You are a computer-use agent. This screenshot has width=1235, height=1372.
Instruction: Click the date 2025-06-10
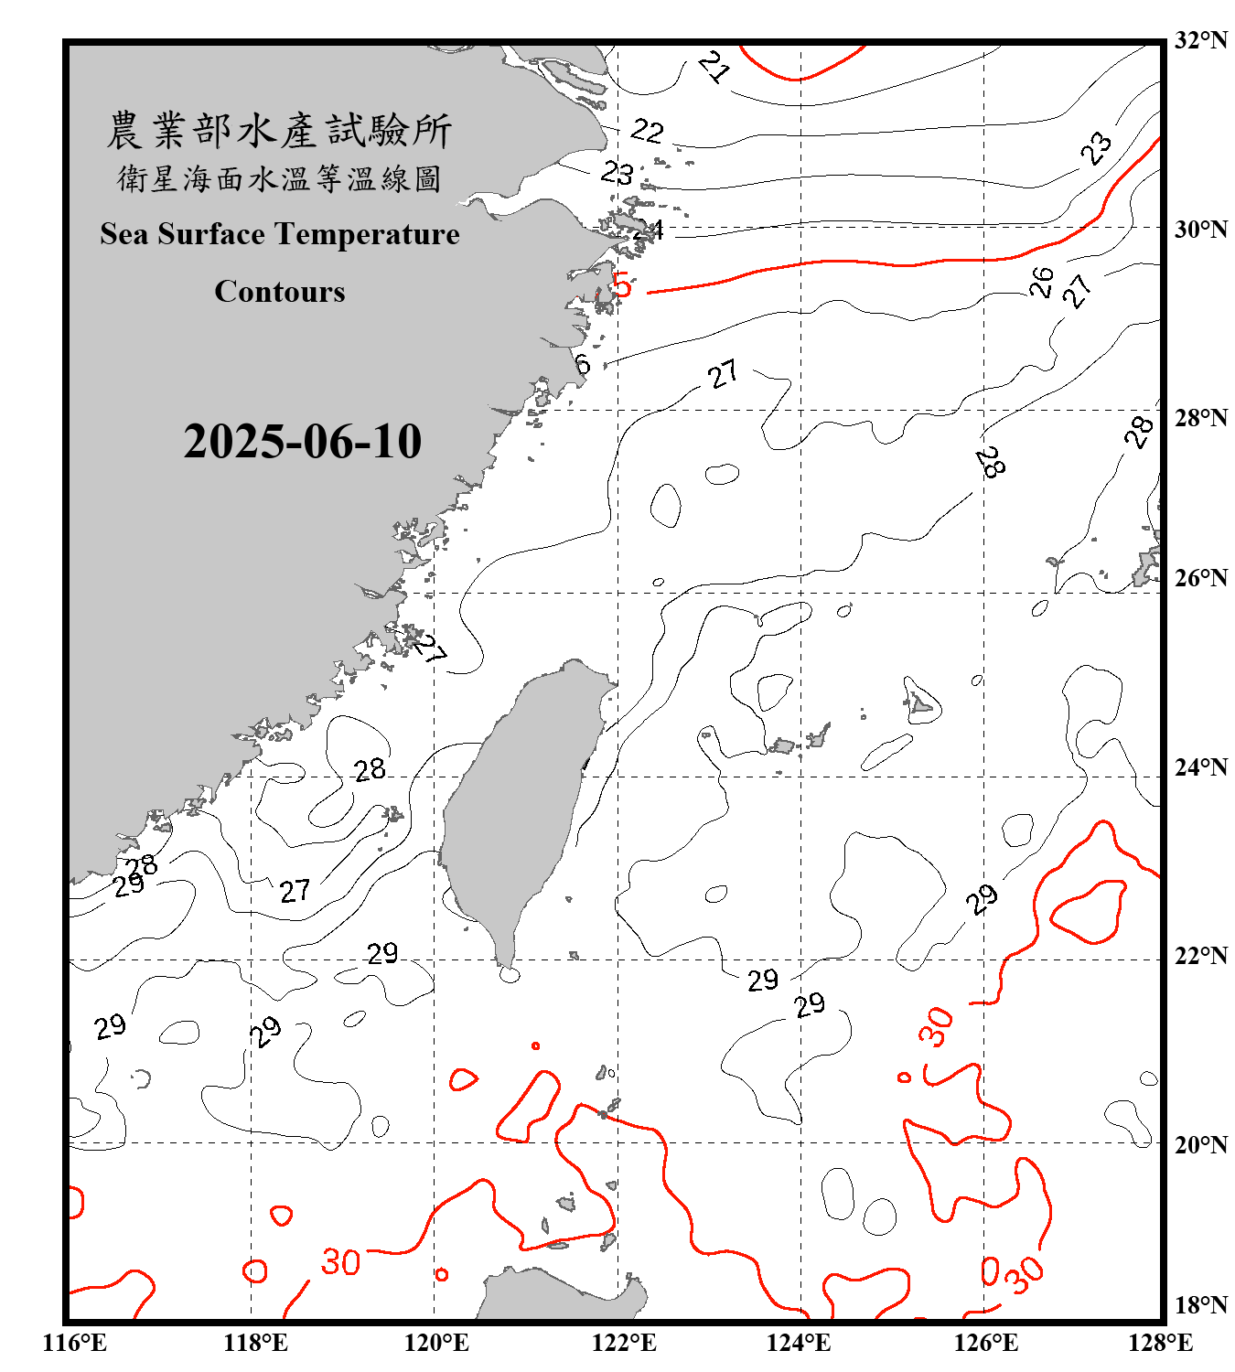(302, 441)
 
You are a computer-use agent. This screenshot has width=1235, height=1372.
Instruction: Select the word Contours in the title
(280, 292)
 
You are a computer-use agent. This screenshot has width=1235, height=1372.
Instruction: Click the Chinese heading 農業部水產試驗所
(279, 131)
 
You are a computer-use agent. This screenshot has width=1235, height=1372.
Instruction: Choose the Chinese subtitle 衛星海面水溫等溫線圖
(279, 179)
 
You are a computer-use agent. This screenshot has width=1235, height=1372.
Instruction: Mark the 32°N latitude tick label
(1200, 40)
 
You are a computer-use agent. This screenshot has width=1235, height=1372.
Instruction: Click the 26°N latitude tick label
(1200, 578)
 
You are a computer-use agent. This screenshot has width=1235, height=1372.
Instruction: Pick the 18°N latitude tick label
(1200, 1305)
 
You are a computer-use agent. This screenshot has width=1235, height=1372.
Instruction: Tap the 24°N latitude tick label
(1200, 766)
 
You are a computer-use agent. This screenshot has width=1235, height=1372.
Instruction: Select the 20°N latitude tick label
(1200, 1144)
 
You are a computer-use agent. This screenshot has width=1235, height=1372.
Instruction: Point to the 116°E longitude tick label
(75, 1343)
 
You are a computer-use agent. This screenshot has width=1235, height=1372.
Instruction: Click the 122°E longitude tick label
(624, 1343)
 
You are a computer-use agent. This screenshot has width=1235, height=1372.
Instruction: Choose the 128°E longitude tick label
(1160, 1343)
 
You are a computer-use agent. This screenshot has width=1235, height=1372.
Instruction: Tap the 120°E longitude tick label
(436, 1343)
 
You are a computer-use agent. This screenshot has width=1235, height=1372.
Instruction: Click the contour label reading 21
(714, 67)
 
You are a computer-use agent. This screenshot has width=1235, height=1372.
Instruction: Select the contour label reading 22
(647, 131)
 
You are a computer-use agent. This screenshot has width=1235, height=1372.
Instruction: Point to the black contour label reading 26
(1041, 281)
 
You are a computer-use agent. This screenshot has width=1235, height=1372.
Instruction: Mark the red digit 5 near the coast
(622, 285)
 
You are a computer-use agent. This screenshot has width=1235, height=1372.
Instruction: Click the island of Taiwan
(517, 805)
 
